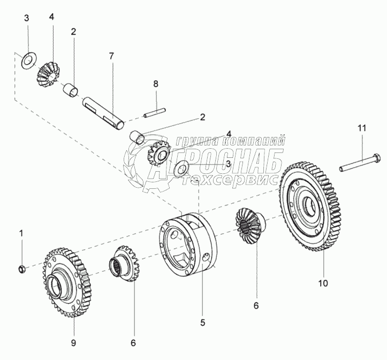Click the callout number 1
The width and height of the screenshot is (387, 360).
click(x=21, y=233)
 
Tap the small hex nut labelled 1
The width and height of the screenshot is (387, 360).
click(x=22, y=269)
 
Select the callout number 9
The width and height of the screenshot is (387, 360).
click(x=73, y=343)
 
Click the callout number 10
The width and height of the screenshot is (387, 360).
click(x=323, y=283)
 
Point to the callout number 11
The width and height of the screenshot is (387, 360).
click(x=362, y=128)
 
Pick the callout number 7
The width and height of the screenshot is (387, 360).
click(x=111, y=56)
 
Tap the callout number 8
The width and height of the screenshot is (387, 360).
click(x=155, y=84)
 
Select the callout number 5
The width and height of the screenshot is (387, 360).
click(x=203, y=322)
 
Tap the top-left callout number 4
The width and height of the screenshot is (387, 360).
click(x=51, y=17)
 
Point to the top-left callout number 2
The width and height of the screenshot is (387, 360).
click(x=73, y=32)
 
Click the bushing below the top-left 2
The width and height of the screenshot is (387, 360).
click(x=71, y=90)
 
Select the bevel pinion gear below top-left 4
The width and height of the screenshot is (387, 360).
click(x=48, y=75)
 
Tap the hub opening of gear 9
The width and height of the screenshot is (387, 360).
click(x=54, y=287)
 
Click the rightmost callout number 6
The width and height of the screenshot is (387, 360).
click(x=256, y=306)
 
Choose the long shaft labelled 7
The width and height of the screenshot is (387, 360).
click(x=103, y=112)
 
